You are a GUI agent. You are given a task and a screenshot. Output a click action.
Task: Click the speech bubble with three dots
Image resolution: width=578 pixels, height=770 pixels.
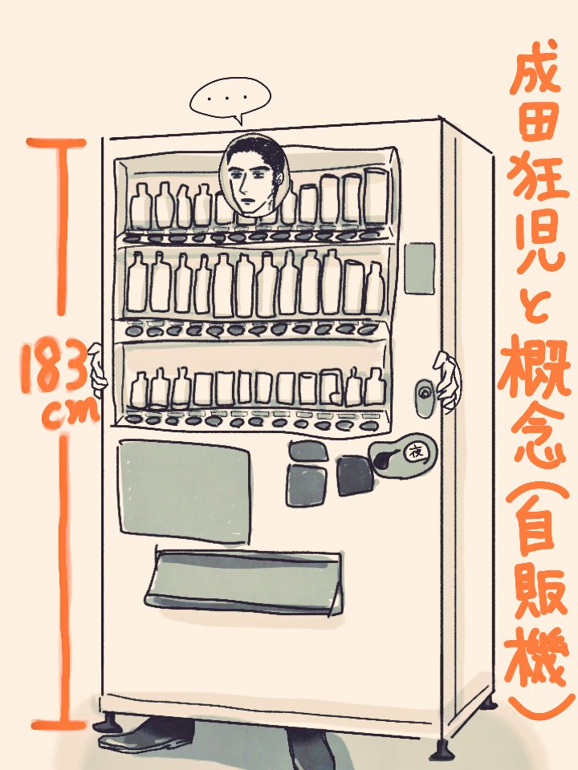(x=230, y=102)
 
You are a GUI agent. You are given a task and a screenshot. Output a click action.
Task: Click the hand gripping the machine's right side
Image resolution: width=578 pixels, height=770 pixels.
(x=448, y=379)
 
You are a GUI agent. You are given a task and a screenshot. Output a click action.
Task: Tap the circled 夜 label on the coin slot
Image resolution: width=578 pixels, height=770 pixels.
(x=413, y=452)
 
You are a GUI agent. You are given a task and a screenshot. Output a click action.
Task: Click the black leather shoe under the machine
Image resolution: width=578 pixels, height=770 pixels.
(x=143, y=734)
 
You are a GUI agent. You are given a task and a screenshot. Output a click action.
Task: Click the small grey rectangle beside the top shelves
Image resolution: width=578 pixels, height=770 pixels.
(x=419, y=268)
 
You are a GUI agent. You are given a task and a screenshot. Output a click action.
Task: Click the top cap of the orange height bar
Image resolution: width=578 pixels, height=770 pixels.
(x=56, y=144)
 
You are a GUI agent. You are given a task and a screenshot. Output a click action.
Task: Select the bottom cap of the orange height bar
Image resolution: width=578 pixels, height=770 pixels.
(x=58, y=724)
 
